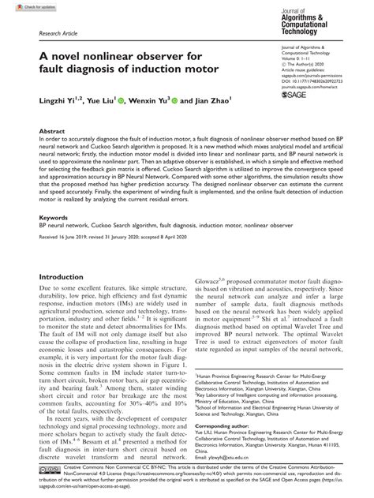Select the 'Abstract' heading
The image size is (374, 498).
pyautogui.click(x=52, y=133)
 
